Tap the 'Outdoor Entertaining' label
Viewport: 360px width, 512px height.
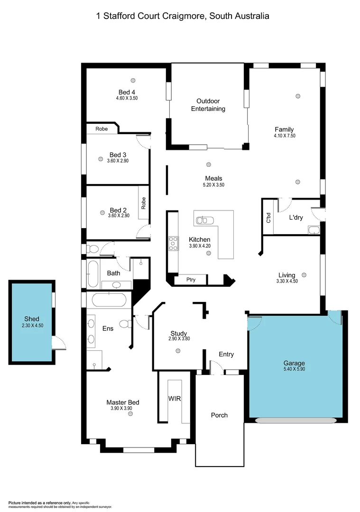[208, 105]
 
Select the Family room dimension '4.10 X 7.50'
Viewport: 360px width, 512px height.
[284, 136]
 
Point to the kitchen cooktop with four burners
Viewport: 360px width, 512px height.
[173, 243]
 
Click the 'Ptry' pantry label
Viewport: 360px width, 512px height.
[191, 280]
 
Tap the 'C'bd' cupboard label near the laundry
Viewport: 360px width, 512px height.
[268, 218]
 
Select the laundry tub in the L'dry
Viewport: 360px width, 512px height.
[314, 230]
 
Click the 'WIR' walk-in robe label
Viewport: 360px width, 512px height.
[175, 398]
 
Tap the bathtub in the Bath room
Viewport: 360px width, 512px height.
[93, 274]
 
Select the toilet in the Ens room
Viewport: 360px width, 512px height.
[126, 324]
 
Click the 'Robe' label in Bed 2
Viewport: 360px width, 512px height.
[143, 203]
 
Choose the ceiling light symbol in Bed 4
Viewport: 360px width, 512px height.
[133, 80]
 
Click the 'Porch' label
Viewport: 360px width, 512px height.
[219, 415]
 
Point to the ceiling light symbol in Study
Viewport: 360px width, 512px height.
[178, 351]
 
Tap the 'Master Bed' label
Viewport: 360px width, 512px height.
[123, 402]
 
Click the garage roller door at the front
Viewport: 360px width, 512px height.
[295, 420]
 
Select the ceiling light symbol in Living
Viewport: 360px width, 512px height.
[304, 274]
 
